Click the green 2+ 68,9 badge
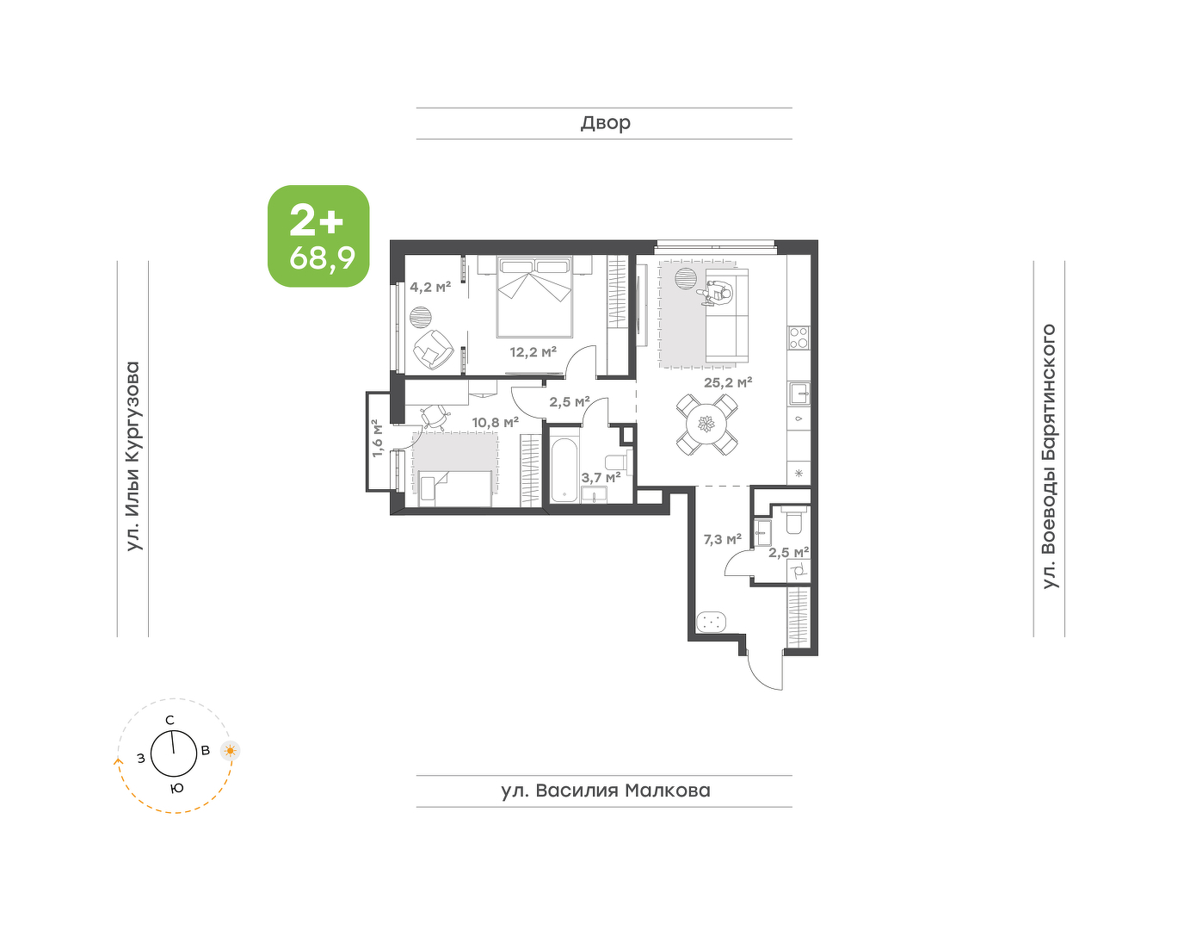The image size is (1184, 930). click(x=318, y=236)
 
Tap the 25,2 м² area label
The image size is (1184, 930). click(x=727, y=382)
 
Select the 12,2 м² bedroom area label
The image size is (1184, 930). click(x=533, y=351)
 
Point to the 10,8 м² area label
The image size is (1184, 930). click(x=495, y=422)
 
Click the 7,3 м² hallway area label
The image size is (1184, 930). click(x=722, y=539)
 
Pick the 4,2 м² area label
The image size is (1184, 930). click(x=430, y=287)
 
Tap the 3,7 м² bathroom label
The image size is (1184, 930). click(x=601, y=478)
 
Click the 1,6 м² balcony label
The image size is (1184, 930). click(x=377, y=437)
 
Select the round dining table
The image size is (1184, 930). click(x=706, y=425)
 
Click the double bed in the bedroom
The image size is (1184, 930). click(x=534, y=296)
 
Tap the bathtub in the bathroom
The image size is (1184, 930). click(x=564, y=470)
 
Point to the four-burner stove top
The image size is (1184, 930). click(x=799, y=338)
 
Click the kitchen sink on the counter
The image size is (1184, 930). click(x=799, y=393)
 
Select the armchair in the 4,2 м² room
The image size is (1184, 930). click(x=433, y=350)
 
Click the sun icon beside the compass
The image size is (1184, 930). click(x=231, y=751)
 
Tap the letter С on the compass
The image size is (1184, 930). click(x=170, y=720)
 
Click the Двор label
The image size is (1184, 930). click(x=606, y=123)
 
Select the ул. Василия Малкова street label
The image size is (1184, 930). click(x=606, y=790)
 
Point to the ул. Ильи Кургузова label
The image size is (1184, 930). click(x=133, y=456)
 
